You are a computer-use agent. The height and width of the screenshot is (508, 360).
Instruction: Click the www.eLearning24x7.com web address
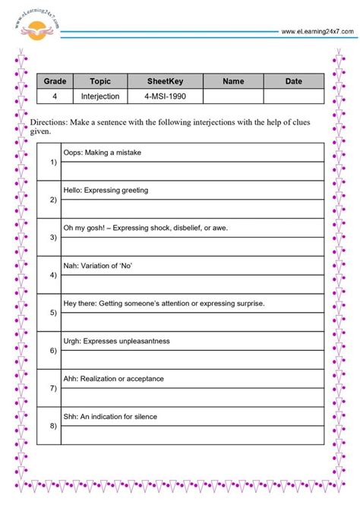[317, 31]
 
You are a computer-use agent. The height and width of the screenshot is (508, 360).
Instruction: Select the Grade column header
[55, 81]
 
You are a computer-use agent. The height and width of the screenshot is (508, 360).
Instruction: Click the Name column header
[233, 81]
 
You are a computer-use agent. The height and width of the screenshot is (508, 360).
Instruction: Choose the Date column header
[293, 81]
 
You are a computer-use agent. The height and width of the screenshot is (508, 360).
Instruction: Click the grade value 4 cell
[55, 96]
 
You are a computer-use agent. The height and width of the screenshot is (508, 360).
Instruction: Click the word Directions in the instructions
[48, 122]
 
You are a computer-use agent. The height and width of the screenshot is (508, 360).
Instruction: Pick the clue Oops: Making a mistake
[102, 153]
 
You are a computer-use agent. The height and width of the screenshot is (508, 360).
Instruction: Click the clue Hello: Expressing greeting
[106, 190]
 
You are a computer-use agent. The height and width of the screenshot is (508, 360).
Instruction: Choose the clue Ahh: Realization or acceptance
[113, 378]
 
